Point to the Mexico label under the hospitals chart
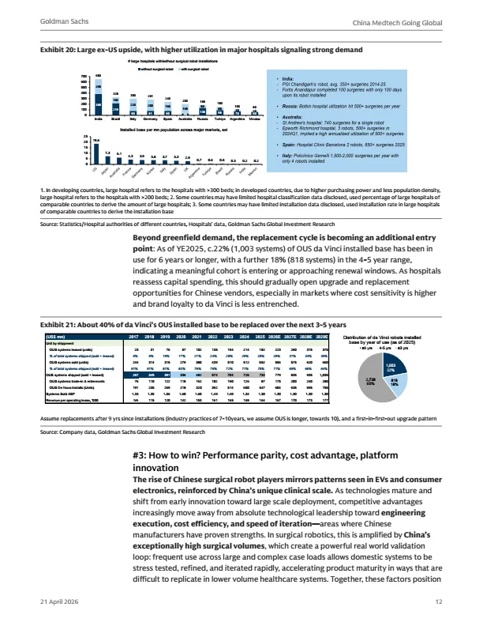(253, 119)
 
